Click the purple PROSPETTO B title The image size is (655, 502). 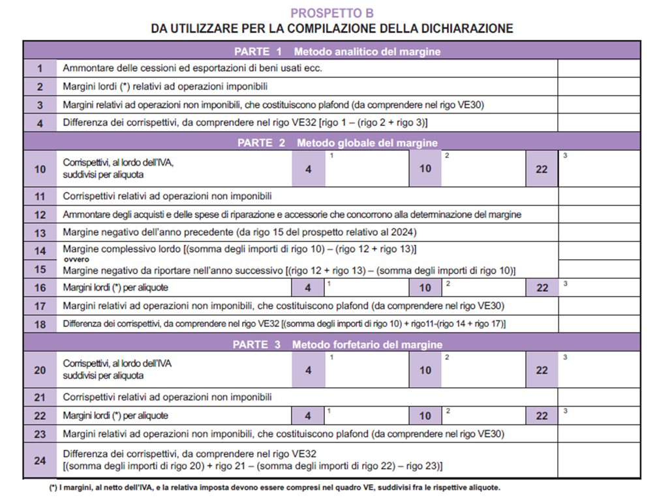tap(332, 13)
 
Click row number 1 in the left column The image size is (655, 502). tap(40, 69)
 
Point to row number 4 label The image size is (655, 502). tap(40, 123)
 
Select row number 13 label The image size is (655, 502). tap(40, 232)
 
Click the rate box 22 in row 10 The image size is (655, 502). tap(541, 168)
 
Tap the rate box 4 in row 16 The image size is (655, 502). tap(308, 288)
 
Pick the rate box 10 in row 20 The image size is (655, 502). tap(425, 370)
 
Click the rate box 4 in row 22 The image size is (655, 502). tap(308, 415)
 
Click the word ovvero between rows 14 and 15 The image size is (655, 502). tap(76, 260)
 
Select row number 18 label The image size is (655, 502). tap(40, 324)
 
